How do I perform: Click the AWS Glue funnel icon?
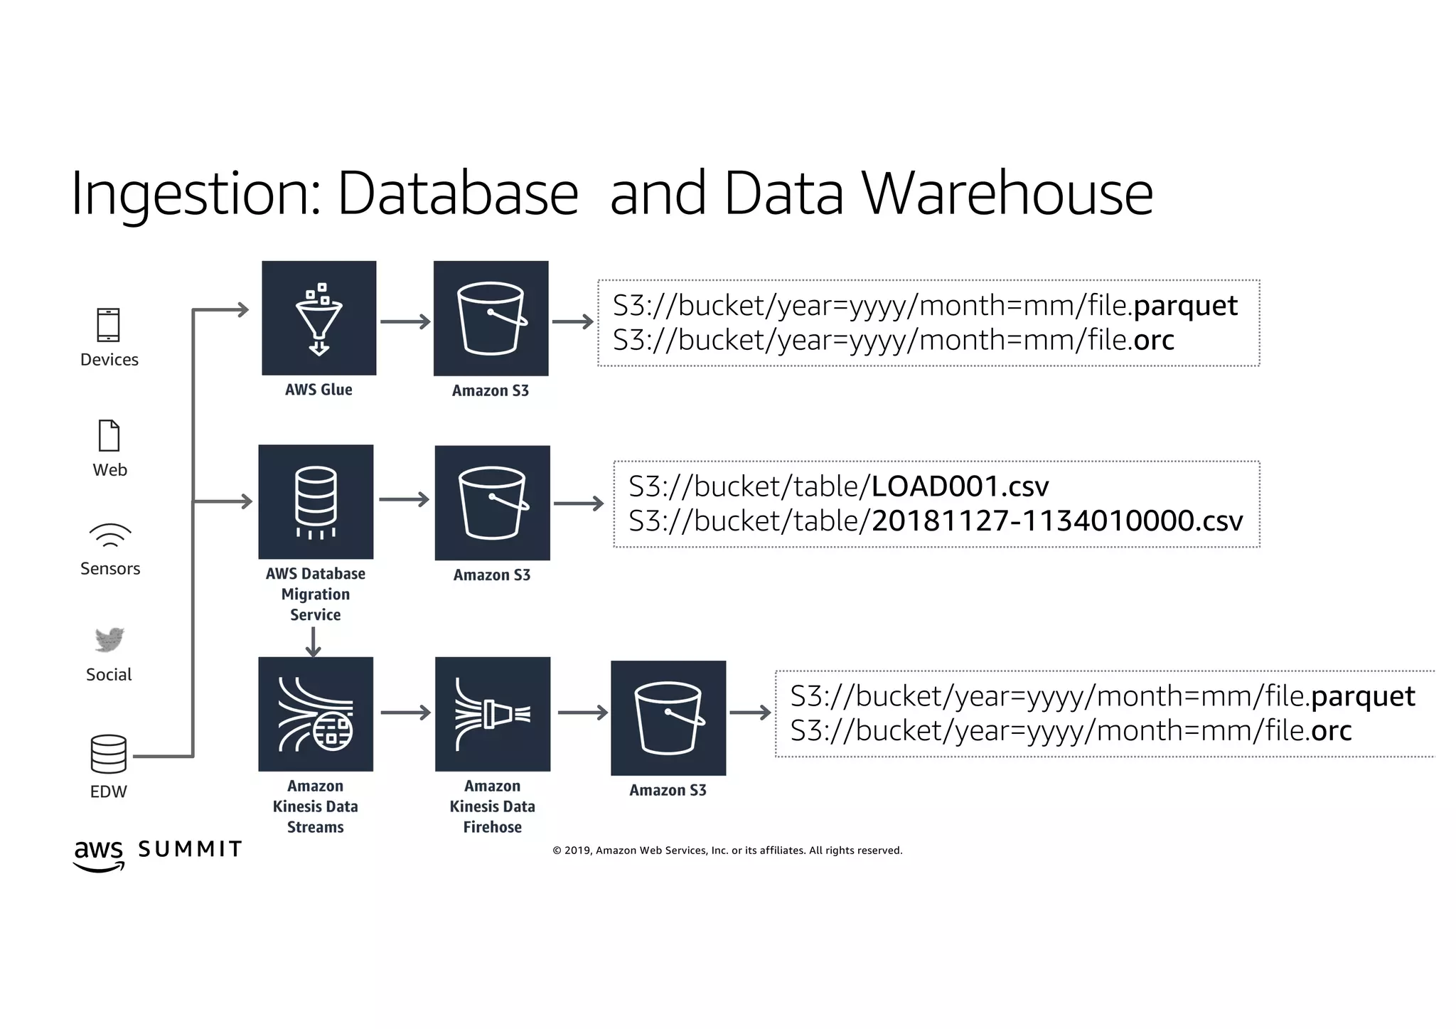(318, 318)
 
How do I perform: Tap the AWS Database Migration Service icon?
(316, 502)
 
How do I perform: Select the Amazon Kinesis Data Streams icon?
(316, 714)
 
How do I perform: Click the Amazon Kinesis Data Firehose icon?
(493, 714)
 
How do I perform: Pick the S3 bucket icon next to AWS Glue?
(491, 318)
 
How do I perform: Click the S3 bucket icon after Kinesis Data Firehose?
(668, 718)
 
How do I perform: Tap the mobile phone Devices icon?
(109, 325)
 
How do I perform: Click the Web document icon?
(109, 435)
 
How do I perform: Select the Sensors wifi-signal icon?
(110, 535)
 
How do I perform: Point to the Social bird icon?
(109, 639)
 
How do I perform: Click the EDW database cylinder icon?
(109, 754)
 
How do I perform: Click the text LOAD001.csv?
(960, 486)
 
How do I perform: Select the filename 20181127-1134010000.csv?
(1057, 521)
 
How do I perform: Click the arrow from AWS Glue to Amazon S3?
(405, 321)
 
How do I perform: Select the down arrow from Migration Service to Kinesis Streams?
(314, 642)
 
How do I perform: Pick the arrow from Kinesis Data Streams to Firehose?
(405, 713)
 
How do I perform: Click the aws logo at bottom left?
(99, 854)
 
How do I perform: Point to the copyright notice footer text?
(727, 851)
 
